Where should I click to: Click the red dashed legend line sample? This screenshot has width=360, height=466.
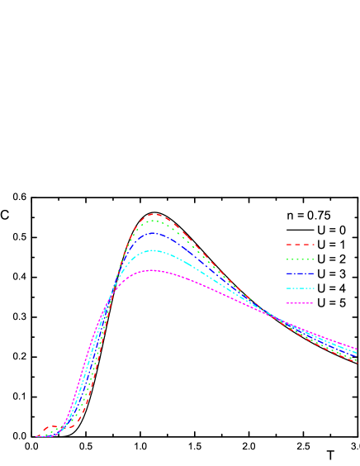(301, 245)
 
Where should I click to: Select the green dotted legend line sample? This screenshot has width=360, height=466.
(301, 259)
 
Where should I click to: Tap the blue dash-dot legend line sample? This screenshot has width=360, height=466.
(301, 273)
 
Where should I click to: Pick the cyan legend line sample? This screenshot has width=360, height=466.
(301, 288)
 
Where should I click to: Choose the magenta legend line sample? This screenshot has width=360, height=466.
(301, 303)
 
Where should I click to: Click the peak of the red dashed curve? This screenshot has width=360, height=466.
(154, 214)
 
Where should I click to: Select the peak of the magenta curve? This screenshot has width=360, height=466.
(153, 270)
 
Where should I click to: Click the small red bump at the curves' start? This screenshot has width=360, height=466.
(54, 427)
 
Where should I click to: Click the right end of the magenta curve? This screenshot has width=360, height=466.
(357, 348)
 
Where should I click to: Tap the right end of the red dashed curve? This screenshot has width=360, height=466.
(357, 362)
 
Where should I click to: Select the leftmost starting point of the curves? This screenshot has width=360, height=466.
(36, 436)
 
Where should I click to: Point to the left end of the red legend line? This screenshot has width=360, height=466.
(287, 245)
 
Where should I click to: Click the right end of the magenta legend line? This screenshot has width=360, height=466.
(315, 303)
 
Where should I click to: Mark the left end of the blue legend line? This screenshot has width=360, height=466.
(287, 273)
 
